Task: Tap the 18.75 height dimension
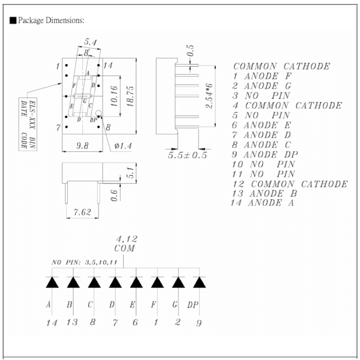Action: [x=130, y=96]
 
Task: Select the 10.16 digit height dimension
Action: [x=114, y=96]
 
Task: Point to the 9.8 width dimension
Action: [x=82, y=146]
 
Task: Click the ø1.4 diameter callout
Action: [x=123, y=146]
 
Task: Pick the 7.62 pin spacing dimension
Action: [x=82, y=212]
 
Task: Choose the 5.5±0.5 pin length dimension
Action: [x=187, y=155]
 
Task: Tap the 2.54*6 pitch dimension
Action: [x=209, y=96]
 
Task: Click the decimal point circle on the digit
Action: [x=98, y=113]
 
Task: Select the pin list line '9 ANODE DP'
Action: [x=265, y=155]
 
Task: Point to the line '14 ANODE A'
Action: [x=262, y=203]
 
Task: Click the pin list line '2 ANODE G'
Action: [x=262, y=86]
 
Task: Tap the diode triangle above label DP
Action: [x=199, y=283]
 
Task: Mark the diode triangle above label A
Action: [x=52, y=283]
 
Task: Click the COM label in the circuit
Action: [x=124, y=248]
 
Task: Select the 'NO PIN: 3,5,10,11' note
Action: [x=85, y=262]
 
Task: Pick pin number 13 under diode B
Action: [x=72, y=322]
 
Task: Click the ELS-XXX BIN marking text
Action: [x=33, y=124]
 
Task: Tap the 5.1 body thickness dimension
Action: [x=130, y=172]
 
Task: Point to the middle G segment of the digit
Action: [x=82, y=96]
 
